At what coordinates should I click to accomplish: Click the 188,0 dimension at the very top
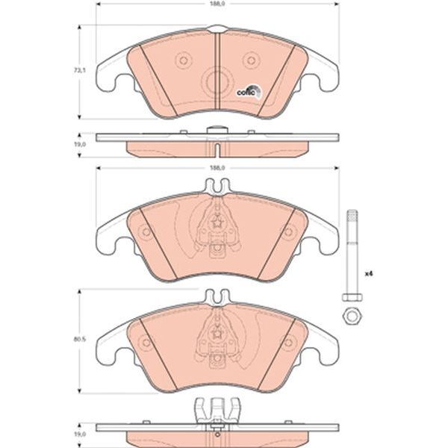217,4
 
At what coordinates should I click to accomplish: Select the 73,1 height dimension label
80,71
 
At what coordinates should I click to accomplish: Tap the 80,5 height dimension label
80,340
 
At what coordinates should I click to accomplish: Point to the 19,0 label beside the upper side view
80,145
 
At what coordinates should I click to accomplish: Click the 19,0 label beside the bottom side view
80,435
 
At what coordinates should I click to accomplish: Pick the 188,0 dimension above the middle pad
217,168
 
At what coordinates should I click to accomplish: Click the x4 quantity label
369,274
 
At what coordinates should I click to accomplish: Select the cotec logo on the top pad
249,91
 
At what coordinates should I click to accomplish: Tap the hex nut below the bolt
352,317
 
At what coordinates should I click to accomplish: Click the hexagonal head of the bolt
352,297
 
